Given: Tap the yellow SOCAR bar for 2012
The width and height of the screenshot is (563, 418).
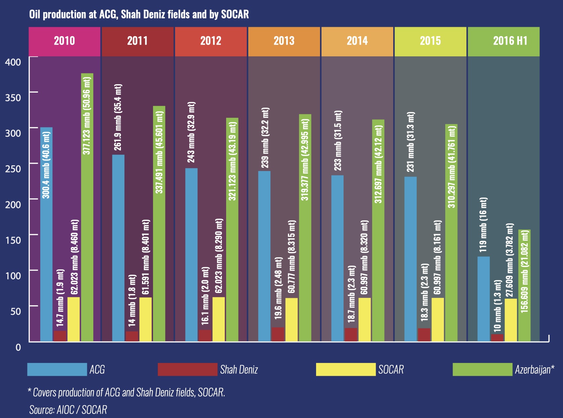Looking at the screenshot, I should [x=218, y=319].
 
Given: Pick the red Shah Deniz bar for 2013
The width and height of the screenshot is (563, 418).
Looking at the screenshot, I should [x=278, y=334].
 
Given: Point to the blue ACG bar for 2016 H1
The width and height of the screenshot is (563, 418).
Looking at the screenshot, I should [x=483, y=299].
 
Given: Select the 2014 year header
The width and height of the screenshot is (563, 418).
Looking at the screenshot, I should [x=357, y=41].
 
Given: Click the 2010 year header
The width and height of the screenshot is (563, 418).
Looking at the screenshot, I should [x=64, y=41].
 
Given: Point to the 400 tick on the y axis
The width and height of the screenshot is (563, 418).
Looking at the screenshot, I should [x=13, y=62].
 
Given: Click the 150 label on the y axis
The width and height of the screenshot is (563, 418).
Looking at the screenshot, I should [x=13, y=240].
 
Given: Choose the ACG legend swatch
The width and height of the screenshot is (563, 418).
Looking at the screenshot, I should [x=57, y=369].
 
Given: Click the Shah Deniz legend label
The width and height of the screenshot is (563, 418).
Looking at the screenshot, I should [x=239, y=370].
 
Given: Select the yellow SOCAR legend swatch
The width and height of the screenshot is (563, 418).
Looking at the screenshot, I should [x=346, y=369].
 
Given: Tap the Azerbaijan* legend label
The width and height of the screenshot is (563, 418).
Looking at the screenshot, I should [x=534, y=370].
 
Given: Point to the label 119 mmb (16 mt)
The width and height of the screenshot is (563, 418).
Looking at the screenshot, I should [x=483, y=225].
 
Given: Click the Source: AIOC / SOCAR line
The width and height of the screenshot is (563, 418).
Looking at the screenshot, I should [x=68, y=410].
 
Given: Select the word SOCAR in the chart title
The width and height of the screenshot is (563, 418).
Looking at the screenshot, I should [x=235, y=14].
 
